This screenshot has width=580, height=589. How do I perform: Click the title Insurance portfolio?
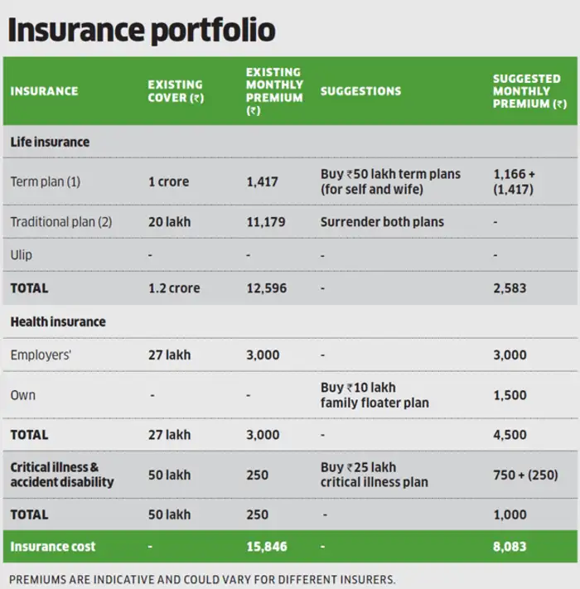(x=141, y=30)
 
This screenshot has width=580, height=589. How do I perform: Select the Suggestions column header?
(x=360, y=91)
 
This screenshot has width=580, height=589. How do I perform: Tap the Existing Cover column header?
(x=176, y=91)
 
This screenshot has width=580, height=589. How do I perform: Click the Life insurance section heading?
(x=50, y=142)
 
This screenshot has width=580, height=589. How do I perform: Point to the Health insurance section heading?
(x=58, y=321)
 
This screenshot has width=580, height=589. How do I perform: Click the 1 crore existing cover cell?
(x=169, y=181)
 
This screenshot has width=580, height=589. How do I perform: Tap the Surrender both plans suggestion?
(x=382, y=222)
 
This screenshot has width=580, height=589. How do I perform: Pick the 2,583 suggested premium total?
(x=510, y=288)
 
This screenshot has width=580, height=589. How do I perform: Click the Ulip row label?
(x=22, y=255)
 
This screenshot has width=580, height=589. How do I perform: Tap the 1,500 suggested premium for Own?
(x=510, y=395)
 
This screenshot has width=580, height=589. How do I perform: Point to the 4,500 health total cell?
(x=510, y=434)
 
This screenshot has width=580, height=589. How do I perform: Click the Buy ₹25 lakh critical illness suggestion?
(x=374, y=475)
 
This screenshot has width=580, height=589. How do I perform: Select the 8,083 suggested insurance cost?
(x=510, y=547)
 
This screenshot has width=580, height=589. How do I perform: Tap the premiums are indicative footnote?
(x=202, y=578)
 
